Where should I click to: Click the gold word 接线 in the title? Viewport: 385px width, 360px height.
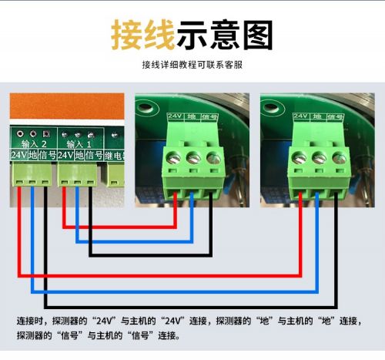[143, 35]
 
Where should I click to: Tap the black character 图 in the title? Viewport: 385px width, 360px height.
[258, 35]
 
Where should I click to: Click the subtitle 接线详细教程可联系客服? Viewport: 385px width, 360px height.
[192, 65]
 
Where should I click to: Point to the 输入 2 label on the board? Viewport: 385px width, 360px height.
[34, 144]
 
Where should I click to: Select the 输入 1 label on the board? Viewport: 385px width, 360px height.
[79, 144]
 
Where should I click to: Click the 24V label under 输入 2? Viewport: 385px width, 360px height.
[19, 155]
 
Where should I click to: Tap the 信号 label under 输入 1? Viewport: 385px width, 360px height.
[94, 155]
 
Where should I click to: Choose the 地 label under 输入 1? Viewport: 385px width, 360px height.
[79, 155]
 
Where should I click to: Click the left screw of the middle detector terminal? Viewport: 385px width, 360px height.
[173, 158]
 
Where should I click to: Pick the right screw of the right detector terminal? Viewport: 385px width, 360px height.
[340, 158]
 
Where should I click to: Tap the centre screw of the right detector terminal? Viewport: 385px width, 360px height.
[319, 158]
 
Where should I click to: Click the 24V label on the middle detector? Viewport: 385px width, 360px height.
[175, 116]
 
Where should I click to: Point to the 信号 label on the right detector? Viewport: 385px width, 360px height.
[335, 117]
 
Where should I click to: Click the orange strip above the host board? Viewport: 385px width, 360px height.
[67, 106]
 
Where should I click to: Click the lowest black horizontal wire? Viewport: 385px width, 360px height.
[191, 307]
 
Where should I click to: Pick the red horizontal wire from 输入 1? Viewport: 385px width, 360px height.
[119, 227]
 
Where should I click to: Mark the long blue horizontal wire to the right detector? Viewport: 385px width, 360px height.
[175, 291]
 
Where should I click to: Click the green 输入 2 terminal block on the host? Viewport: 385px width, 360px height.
[32, 175]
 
